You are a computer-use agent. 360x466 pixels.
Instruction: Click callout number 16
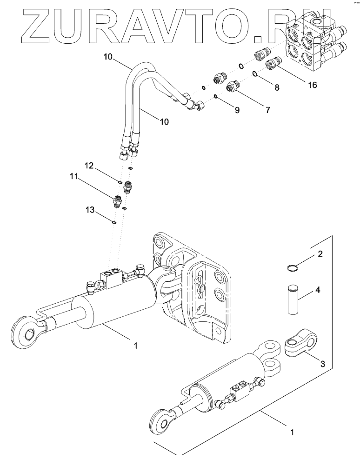(x=312, y=85)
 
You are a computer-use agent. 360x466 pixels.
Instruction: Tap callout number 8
(x=276, y=87)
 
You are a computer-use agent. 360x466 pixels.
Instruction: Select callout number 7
(x=268, y=110)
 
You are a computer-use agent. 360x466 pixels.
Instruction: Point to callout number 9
(x=237, y=110)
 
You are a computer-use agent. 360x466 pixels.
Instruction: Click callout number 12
(x=90, y=165)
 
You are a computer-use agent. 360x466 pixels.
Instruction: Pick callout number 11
(x=73, y=177)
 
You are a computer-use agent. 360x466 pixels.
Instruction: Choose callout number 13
(x=90, y=210)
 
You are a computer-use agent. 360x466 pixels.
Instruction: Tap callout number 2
(x=320, y=254)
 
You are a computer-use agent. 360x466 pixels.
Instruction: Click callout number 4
(x=318, y=289)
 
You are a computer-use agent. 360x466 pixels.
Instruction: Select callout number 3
(x=322, y=363)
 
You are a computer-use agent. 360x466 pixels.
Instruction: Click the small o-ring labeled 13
(x=114, y=222)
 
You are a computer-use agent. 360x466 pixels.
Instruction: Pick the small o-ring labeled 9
(x=216, y=96)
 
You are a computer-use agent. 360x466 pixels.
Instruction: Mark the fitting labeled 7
(x=233, y=86)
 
